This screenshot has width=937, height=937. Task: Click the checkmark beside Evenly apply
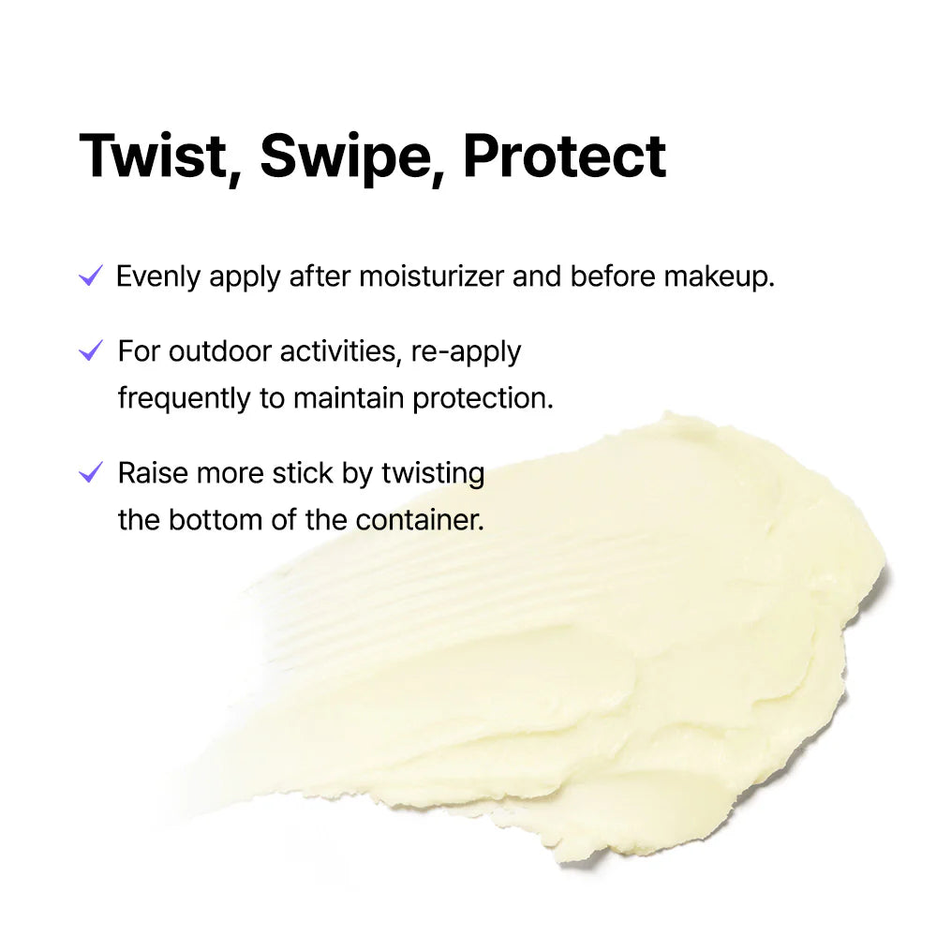point(91,276)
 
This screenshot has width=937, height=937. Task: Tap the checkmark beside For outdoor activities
point(91,351)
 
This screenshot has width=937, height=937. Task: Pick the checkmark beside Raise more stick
point(91,472)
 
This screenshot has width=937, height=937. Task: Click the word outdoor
point(211,352)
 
